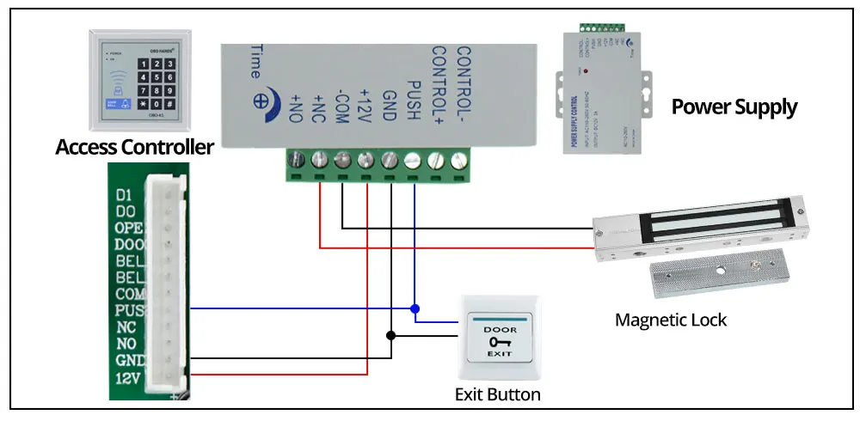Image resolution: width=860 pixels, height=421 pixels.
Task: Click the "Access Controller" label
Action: coord(134,147)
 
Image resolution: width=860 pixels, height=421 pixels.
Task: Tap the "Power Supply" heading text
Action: coord(734,107)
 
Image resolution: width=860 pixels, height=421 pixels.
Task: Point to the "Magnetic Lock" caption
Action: coord(671,320)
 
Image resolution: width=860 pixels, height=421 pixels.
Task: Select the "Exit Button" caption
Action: coord(497,394)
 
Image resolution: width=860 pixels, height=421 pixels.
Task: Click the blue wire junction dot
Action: coord(415,308)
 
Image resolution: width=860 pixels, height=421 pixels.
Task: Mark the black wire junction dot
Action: coord(391,335)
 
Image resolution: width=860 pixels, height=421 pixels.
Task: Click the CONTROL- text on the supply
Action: coord(464,81)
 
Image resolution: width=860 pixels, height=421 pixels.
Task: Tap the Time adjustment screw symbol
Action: coord(257,100)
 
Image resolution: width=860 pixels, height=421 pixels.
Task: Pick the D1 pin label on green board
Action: coord(124,195)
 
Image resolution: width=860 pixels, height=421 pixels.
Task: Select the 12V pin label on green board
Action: coord(126,376)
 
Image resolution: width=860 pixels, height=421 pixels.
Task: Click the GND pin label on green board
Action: coord(126,360)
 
